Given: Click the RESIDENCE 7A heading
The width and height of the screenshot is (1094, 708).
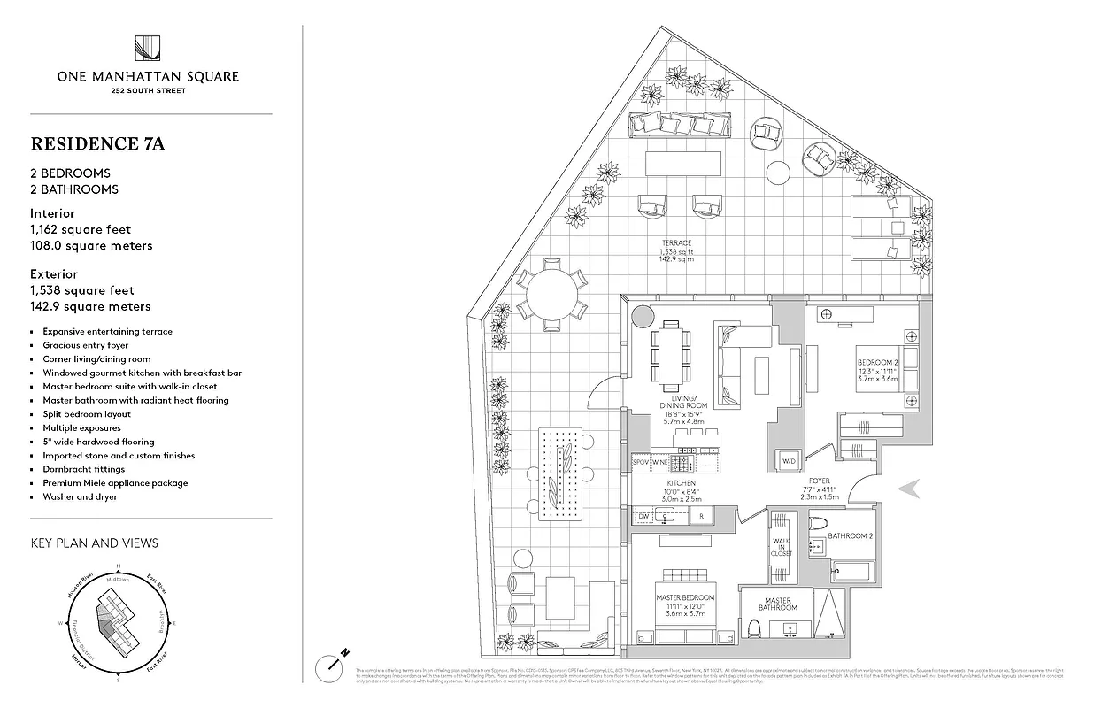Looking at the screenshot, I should coord(97,143).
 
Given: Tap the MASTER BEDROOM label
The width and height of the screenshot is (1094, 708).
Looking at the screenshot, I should coord(685,598).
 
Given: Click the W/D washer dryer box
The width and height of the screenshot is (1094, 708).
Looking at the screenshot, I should coord(787,461).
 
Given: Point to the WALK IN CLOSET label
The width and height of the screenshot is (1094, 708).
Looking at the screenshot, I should coord(780,546).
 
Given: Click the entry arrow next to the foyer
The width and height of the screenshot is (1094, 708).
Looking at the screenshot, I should coord(911,488).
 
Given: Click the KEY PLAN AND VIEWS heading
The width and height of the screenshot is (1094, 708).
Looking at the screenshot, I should coord(94,543).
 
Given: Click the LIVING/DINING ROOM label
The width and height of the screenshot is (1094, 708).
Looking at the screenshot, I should coord(682,407).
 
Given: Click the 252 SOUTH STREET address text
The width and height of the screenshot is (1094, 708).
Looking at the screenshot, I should coord(148,90).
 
